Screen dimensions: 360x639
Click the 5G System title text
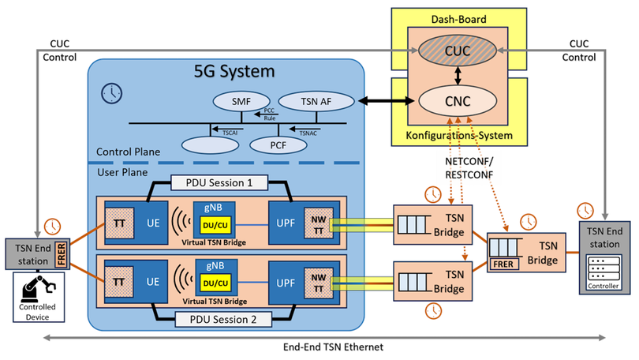pos(234,71)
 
